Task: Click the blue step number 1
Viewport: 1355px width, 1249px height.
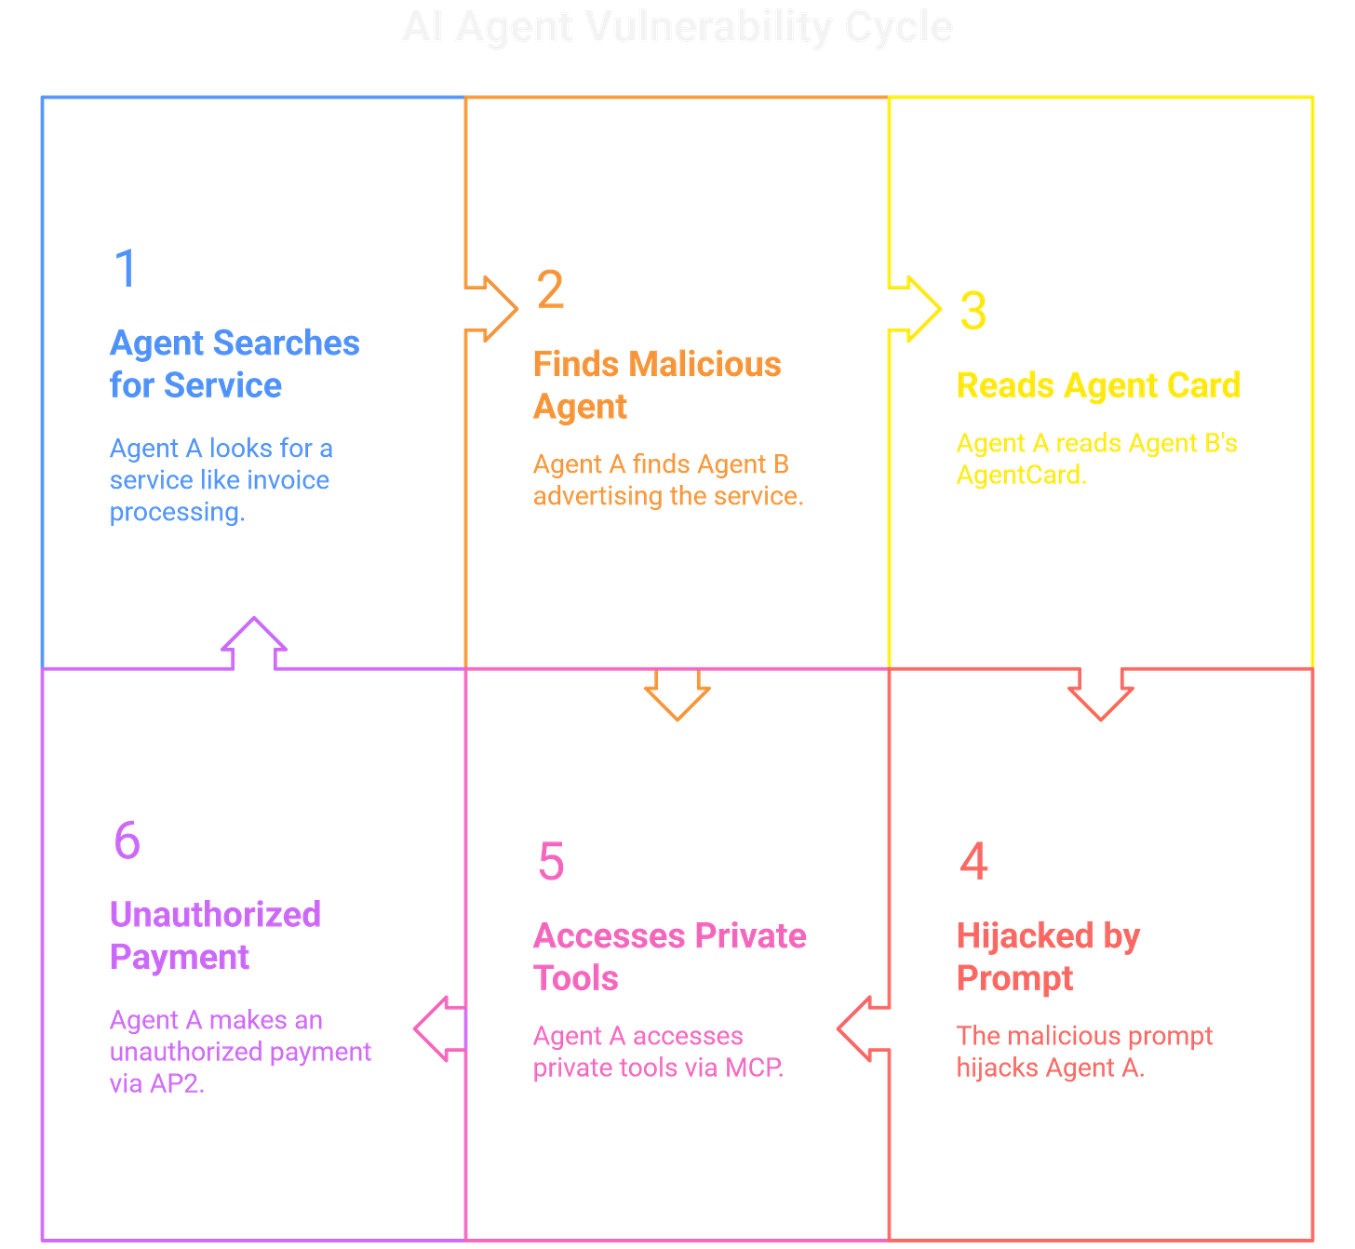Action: pos(125,268)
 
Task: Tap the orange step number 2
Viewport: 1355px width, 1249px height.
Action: pos(550,289)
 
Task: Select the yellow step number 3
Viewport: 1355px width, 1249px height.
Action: pos(973,310)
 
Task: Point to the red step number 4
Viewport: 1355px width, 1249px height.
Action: pos(973,861)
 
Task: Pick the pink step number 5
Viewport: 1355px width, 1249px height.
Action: pos(551,861)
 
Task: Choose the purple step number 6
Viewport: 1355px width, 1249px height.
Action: pos(127,839)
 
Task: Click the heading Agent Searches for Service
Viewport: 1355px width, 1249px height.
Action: pos(234,364)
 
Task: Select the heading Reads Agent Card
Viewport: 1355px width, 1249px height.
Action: pos(1098,384)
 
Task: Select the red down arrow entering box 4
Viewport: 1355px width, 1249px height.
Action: pos(1101,696)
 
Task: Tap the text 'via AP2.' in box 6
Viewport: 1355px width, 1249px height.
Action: pos(155,1083)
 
